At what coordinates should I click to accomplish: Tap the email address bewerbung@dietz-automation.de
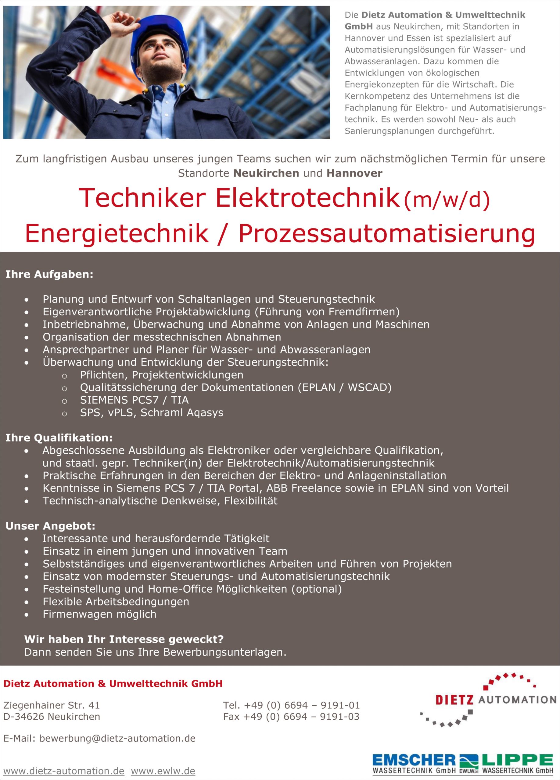tap(117, 738)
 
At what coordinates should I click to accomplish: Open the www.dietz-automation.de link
tap(64, 771)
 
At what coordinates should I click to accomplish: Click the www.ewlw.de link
tap(163, 771)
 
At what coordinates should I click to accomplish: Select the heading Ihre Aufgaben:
tap(49, 275)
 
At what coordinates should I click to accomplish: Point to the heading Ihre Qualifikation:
tap(59, 438)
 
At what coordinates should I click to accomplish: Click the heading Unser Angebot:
tap(50, 526)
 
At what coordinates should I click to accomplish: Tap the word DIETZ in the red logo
tap(454, 700)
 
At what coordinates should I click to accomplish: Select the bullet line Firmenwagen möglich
tap(99, 614)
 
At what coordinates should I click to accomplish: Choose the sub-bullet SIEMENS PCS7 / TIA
tap(134, 400)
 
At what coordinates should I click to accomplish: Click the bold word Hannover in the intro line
tap(354, 173)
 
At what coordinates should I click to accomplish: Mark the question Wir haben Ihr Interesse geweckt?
tap(124, 639)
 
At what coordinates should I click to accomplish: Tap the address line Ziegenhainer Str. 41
tap(52, 705)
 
